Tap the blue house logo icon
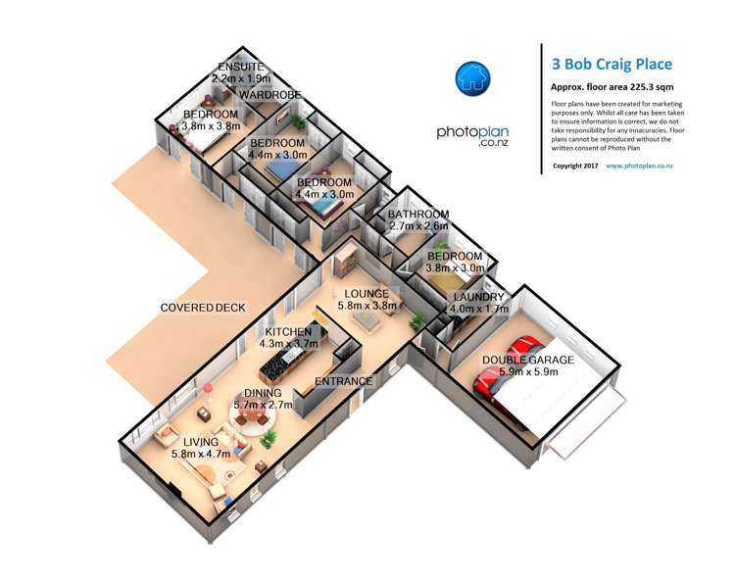click(474, 77)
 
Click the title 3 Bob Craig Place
click(612, 65)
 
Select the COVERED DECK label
click(203, 308)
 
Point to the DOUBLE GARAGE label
click(527, 360)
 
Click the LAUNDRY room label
click(477, 298)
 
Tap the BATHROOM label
click(418, 215)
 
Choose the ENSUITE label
click(241, 66)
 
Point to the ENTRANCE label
click(343, 381)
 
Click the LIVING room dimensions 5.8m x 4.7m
click(200, 454)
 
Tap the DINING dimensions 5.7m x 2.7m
click(263, 404)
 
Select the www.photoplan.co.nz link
click(639, 166)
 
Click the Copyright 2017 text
click(575, 166)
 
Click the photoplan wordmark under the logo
click(473, 131)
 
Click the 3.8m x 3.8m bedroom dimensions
click(211, 126)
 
